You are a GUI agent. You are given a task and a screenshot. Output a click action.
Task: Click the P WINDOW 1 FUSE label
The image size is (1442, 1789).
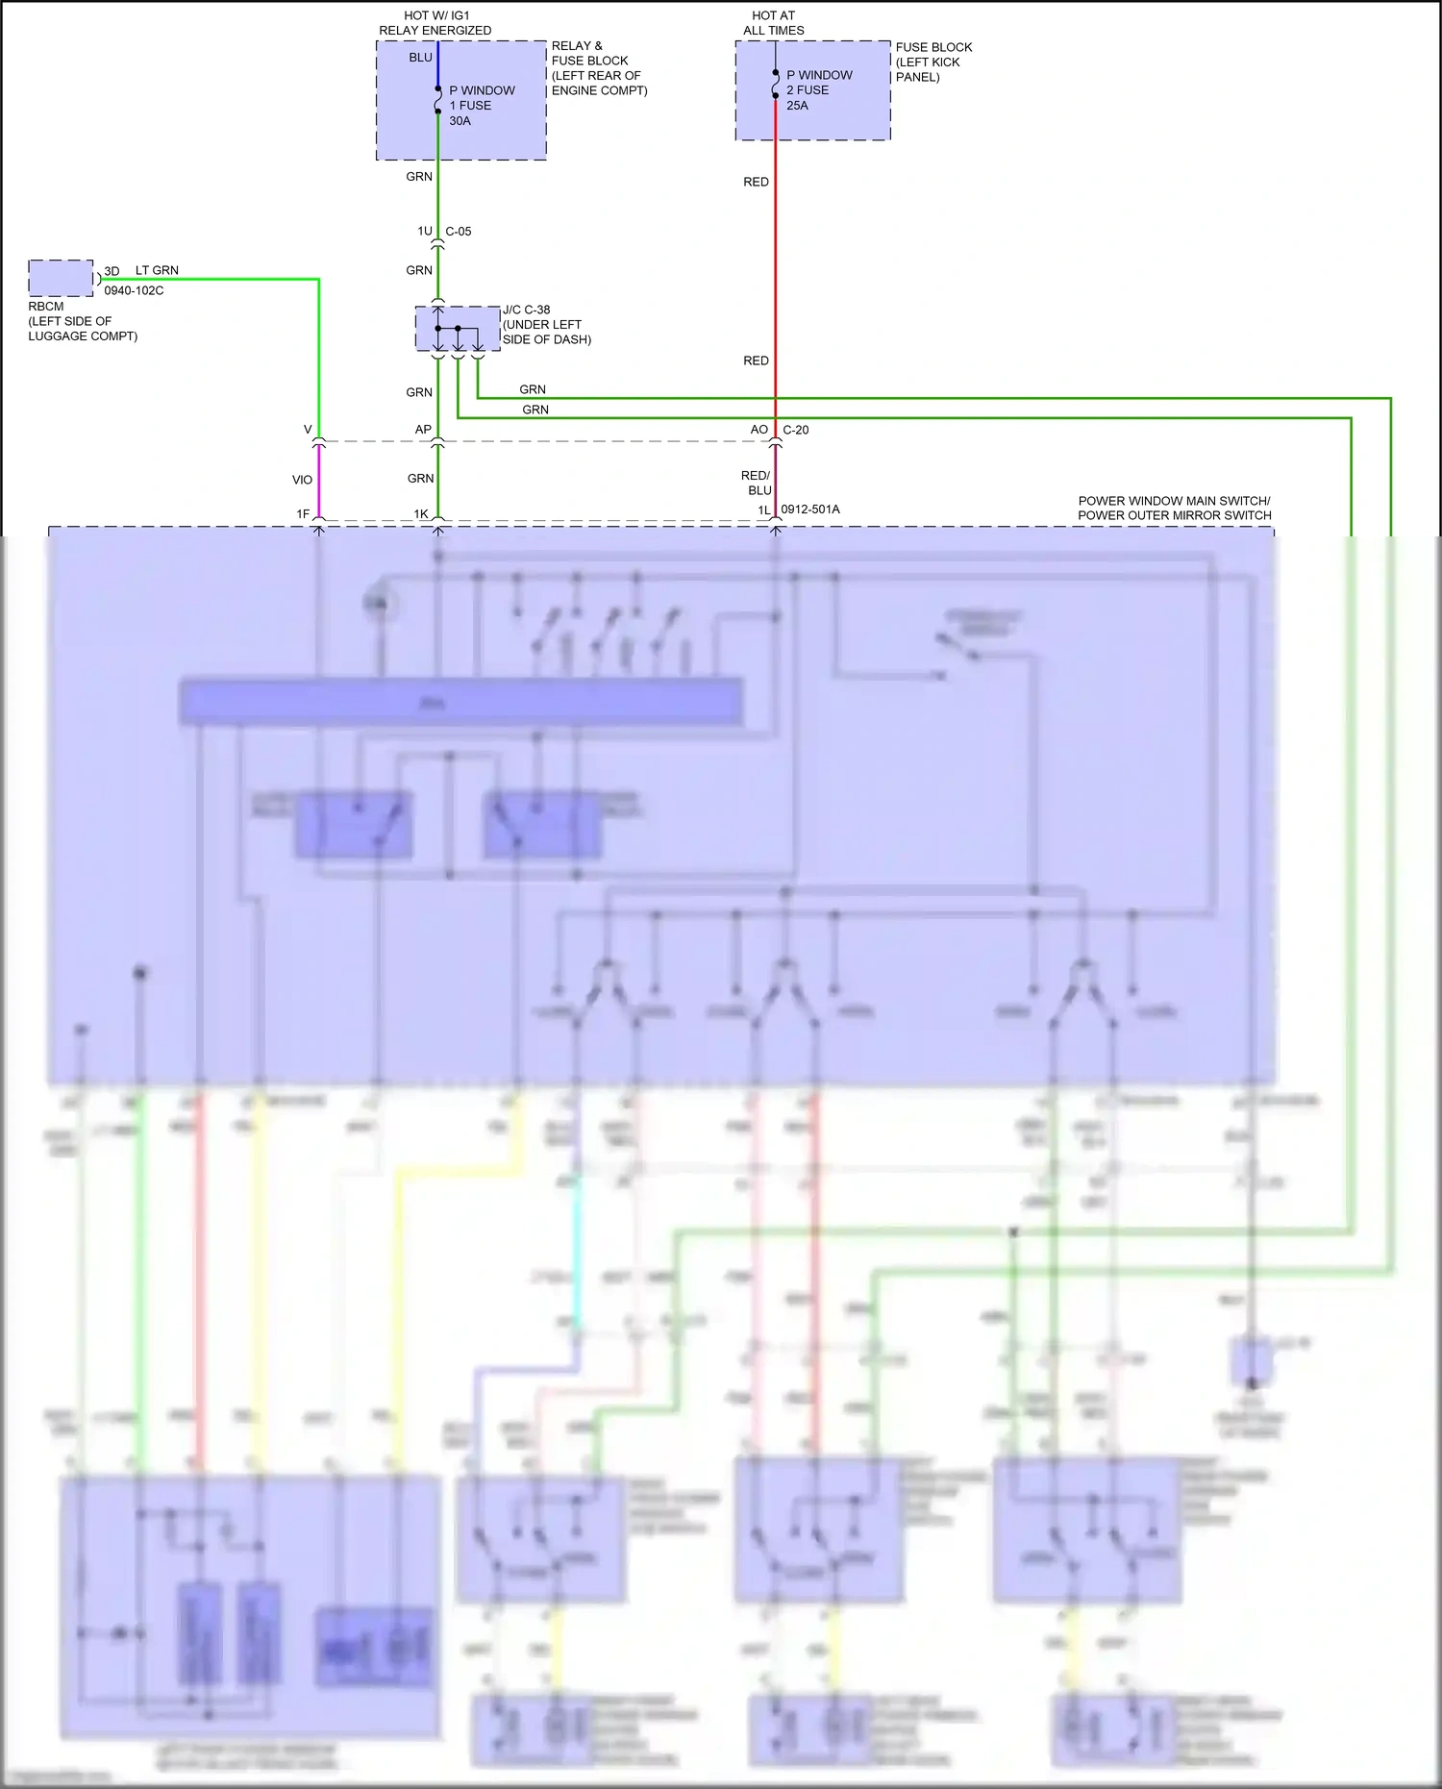coord(482,98)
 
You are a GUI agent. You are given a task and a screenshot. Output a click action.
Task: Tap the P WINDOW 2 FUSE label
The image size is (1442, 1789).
coord(819,83)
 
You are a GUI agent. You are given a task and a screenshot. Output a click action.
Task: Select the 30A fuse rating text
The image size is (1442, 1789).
coord(460,121)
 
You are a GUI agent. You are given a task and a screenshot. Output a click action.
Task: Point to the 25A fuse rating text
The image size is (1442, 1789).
coord(797,106)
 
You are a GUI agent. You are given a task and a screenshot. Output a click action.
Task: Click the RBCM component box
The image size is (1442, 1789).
coord(61,278)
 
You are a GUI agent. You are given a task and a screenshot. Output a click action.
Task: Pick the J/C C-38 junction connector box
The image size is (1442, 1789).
coord(458,329)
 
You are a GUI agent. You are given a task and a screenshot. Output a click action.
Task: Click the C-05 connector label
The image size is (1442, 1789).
coord(459,232)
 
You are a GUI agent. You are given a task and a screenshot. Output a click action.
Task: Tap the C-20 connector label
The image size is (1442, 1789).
coord(796,430)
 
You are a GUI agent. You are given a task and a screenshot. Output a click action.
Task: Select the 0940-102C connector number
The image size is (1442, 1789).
coord(134,290)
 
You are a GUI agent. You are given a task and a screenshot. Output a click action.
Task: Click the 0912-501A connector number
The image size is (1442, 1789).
coord(810,509)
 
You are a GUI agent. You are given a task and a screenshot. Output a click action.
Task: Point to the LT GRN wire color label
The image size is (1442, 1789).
coord(157,270)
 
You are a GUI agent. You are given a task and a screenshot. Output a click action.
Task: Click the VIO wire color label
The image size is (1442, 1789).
coord(302,480)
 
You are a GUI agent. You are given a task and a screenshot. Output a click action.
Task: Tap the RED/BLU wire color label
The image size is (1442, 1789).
coord(757,483)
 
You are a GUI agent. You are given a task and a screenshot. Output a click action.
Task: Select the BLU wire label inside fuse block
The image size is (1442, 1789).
coord(420,58)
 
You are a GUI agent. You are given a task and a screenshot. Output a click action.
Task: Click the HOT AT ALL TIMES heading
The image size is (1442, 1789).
coord(774,23)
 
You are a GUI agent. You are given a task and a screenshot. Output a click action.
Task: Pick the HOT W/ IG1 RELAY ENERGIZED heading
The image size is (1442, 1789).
coord(435,23)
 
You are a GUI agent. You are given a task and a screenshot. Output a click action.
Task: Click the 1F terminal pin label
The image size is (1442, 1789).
coord(303,514)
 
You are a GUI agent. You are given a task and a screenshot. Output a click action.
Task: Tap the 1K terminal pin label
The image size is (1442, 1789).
coord(420,514)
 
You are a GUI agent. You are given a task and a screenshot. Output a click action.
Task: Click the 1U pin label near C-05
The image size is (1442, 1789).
coord(424,232)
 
